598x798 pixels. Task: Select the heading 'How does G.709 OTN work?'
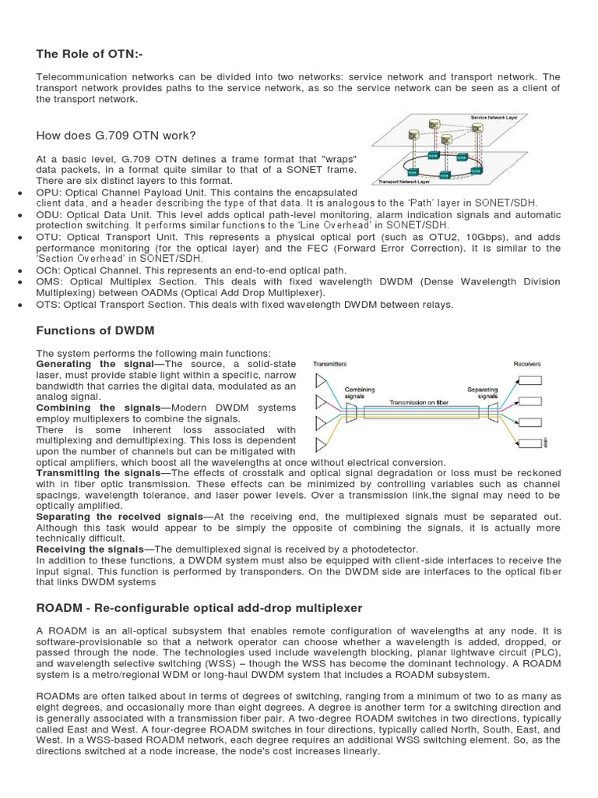click(x=116, y=136)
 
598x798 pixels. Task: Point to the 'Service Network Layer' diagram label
click(x=494, y=117)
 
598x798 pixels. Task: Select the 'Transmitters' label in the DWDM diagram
click(x=330, y=364)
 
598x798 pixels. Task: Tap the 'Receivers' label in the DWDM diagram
click(x=527, y=364)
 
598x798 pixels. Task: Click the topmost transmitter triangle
click(x=322, y=380)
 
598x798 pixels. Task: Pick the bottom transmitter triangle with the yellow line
click(x=322, y=444)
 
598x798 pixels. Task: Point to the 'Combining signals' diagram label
click(x=360, y=393)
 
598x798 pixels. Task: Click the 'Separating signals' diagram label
click(x=482, y=393)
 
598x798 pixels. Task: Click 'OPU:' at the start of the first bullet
click(x=50, y=192)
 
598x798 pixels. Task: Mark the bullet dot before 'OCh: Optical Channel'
click(x=19, y=270)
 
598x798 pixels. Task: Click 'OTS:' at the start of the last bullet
click(x=50, y=304)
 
